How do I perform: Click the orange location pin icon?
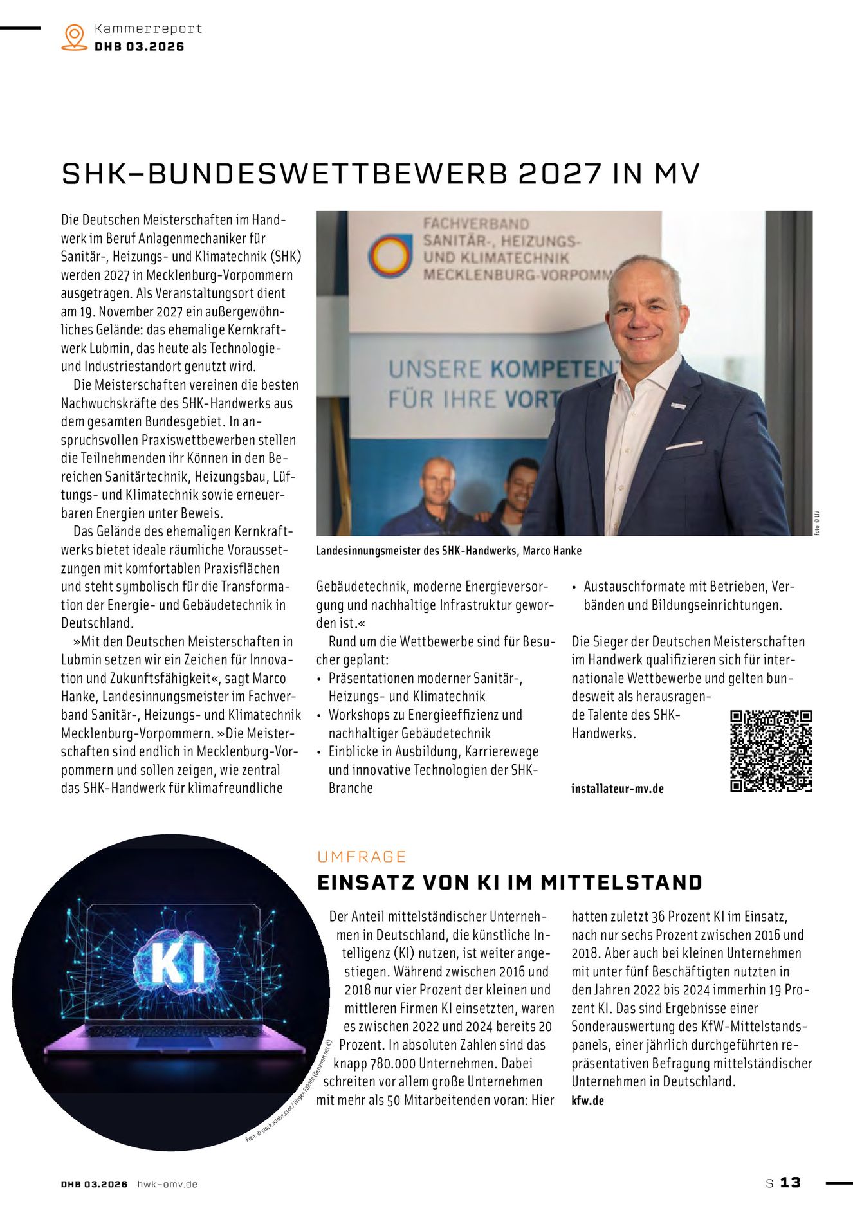[75, 37]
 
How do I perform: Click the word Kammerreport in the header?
[148, 29]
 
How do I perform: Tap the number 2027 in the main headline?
[560, 174]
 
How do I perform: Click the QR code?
[771, 751]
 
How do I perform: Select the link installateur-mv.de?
[617, 789]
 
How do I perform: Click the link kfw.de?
[587, 1101]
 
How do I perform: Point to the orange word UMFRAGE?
[362, 857]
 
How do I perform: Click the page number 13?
[790, 1183]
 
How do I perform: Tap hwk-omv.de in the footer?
[167, 1184]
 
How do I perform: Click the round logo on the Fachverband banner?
[390, 255]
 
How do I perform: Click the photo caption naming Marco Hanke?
[448, 551]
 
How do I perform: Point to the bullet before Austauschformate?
[574, 587]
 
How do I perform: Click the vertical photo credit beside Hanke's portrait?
[817, 522]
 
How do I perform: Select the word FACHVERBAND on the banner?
[475, 224]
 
